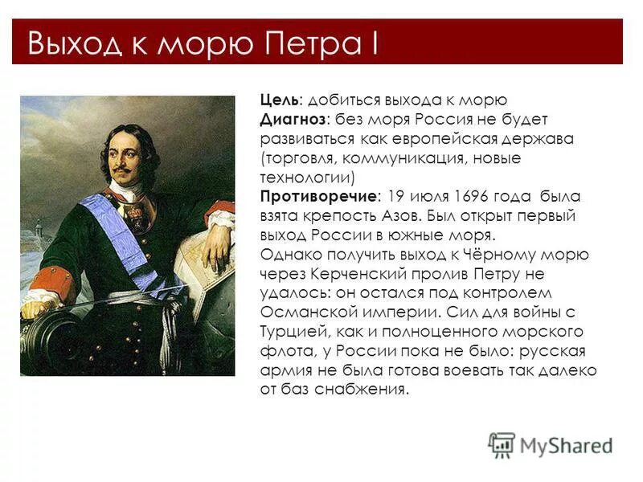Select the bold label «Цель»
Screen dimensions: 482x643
tap(279, 100)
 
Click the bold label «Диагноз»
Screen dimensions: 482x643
tap(293, 119)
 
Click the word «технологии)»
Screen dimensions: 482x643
tap(307, 177)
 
